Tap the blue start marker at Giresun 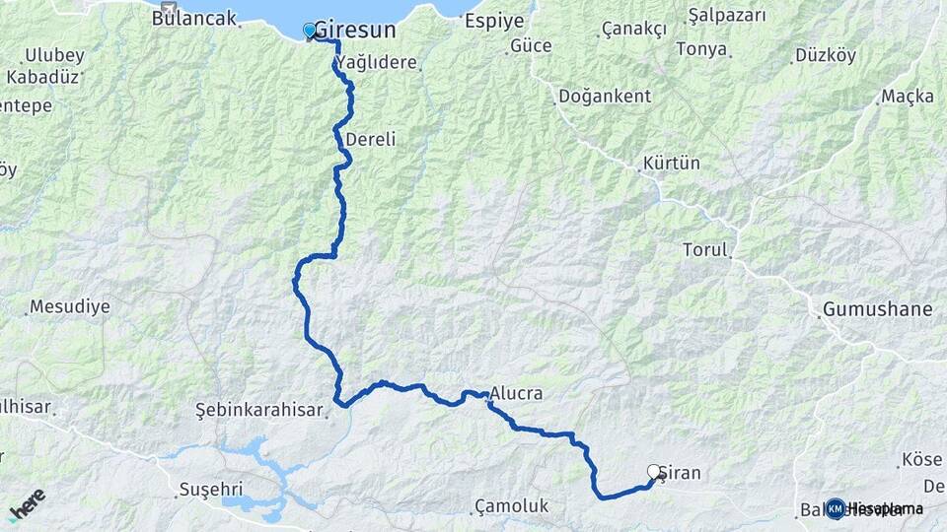coord(310,31)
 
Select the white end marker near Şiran coord(653,472)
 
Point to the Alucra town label coord(516,393)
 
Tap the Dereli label coord(371,140)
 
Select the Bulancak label coord(194,18)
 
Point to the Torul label coord(704,250)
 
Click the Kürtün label coord(671,163)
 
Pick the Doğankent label coord(605,96)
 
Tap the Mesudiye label coord(69,306)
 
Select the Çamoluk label coord(511,505)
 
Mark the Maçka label coord(907,96)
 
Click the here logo coord(27,502)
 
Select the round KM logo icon coord(835,508)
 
